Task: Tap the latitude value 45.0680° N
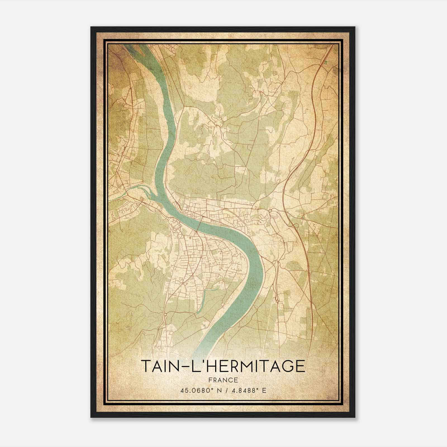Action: pos(201,390)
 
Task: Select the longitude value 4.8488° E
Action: pos(249,390)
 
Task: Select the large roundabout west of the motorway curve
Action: pos(270,210)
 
